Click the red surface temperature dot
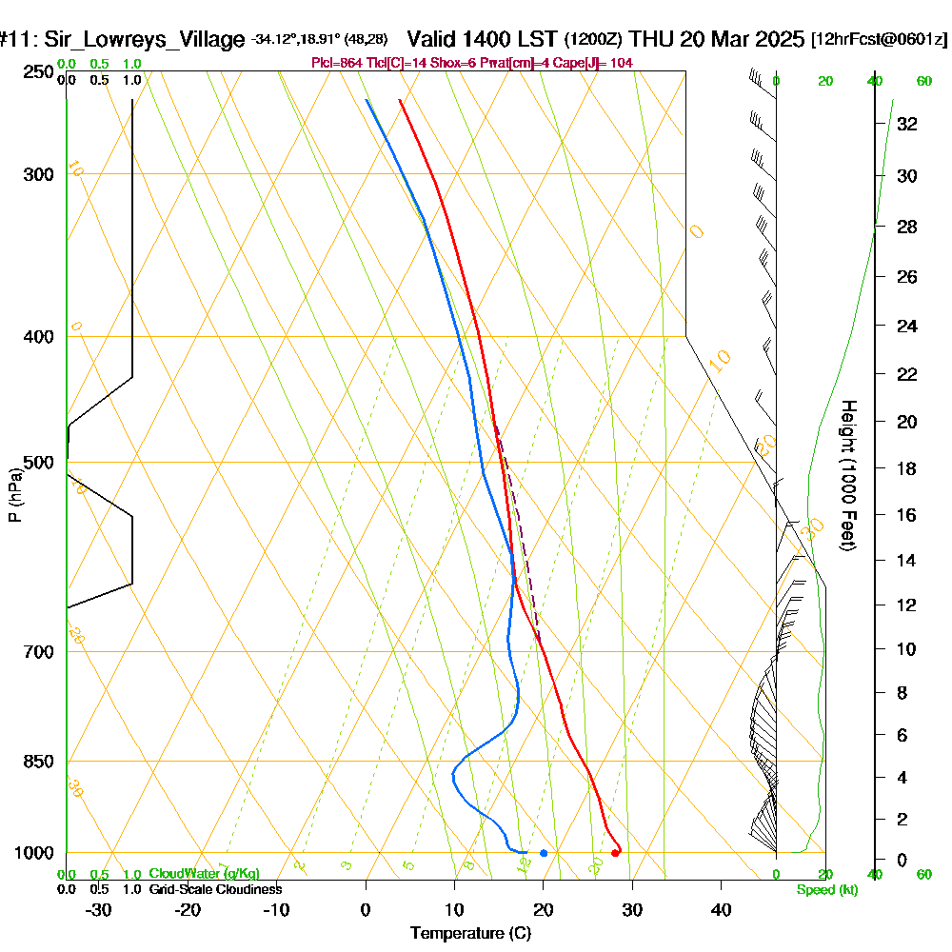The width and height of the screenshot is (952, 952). coord(615,853)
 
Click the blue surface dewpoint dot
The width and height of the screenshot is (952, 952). coord(544,853)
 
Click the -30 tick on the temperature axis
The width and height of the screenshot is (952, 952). coord(98,910)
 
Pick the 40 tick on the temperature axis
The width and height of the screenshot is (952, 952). coord(721,910)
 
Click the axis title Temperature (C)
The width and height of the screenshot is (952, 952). coord(470,934)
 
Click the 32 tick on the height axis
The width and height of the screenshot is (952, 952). coord(907,123)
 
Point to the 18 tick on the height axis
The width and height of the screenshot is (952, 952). coord(907,468)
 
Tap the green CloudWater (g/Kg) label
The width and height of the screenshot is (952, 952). coord(204,873)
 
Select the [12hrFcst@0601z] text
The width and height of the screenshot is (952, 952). coord(880,40)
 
